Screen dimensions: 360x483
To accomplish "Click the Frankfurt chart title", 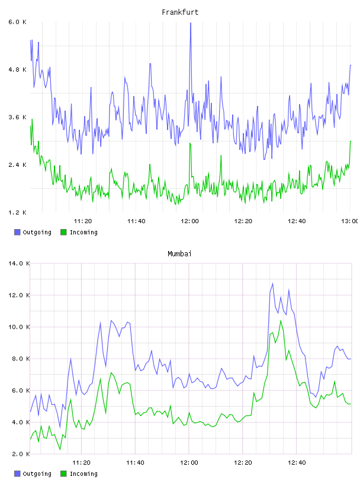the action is point(180,12).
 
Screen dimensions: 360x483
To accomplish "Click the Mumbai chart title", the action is point(179,254).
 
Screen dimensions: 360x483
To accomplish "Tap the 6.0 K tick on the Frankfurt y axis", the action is point(17,22).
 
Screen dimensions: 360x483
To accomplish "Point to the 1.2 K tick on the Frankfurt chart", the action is point(17,212).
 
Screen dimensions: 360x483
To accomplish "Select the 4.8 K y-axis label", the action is point(17,70).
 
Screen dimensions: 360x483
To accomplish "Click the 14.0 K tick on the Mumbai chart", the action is point(19,263).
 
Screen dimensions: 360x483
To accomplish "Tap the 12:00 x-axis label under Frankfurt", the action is point(189,221).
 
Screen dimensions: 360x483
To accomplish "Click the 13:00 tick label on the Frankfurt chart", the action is point(349,221).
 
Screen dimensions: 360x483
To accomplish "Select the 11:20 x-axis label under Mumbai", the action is point(81,463).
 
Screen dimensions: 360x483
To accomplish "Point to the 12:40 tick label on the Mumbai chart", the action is point(297,463).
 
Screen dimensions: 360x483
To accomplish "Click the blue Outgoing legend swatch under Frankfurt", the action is point(17,232).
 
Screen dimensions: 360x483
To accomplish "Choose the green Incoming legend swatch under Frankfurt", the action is point(63,232).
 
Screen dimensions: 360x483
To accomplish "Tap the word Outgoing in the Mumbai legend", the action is point(37,474).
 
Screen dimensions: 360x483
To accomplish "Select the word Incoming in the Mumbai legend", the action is point(83,474).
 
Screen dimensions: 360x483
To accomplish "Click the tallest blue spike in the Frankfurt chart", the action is point(191,23).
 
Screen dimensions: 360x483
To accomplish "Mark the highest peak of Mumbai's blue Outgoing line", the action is point(272,284).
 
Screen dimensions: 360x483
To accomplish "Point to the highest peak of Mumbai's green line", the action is point(281,321).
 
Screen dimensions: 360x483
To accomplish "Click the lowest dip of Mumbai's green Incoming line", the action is point(60,449).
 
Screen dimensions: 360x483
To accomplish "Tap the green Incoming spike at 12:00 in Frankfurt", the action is point(190,143).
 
